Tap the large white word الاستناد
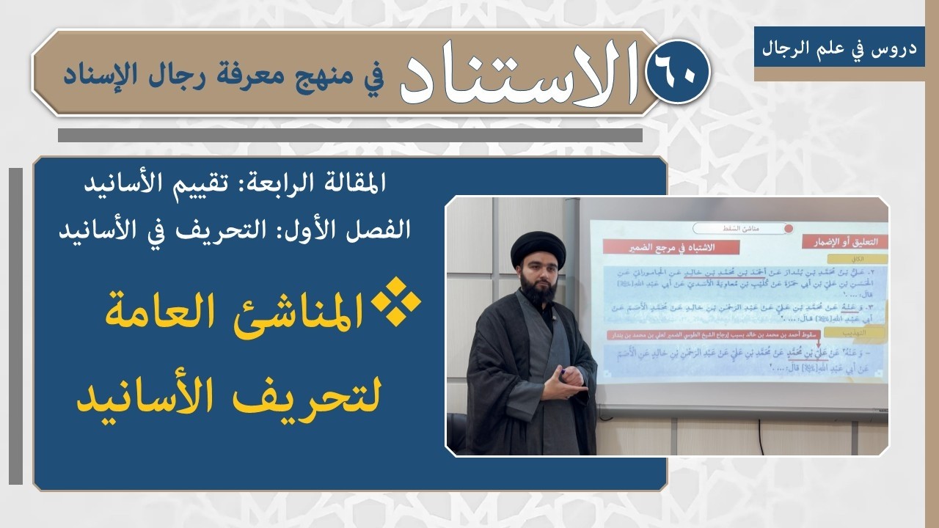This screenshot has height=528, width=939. pyautogui.click(x=518, y=74)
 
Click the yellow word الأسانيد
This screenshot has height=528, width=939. pyautogui.click(x=158, y=396)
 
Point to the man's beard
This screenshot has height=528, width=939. pyautogui.click(x=540, y=290)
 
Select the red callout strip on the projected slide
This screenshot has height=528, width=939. pyautogui.click(x=723, y=335)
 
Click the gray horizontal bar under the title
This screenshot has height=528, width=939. pyautogui.click(x=350, y=136)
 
